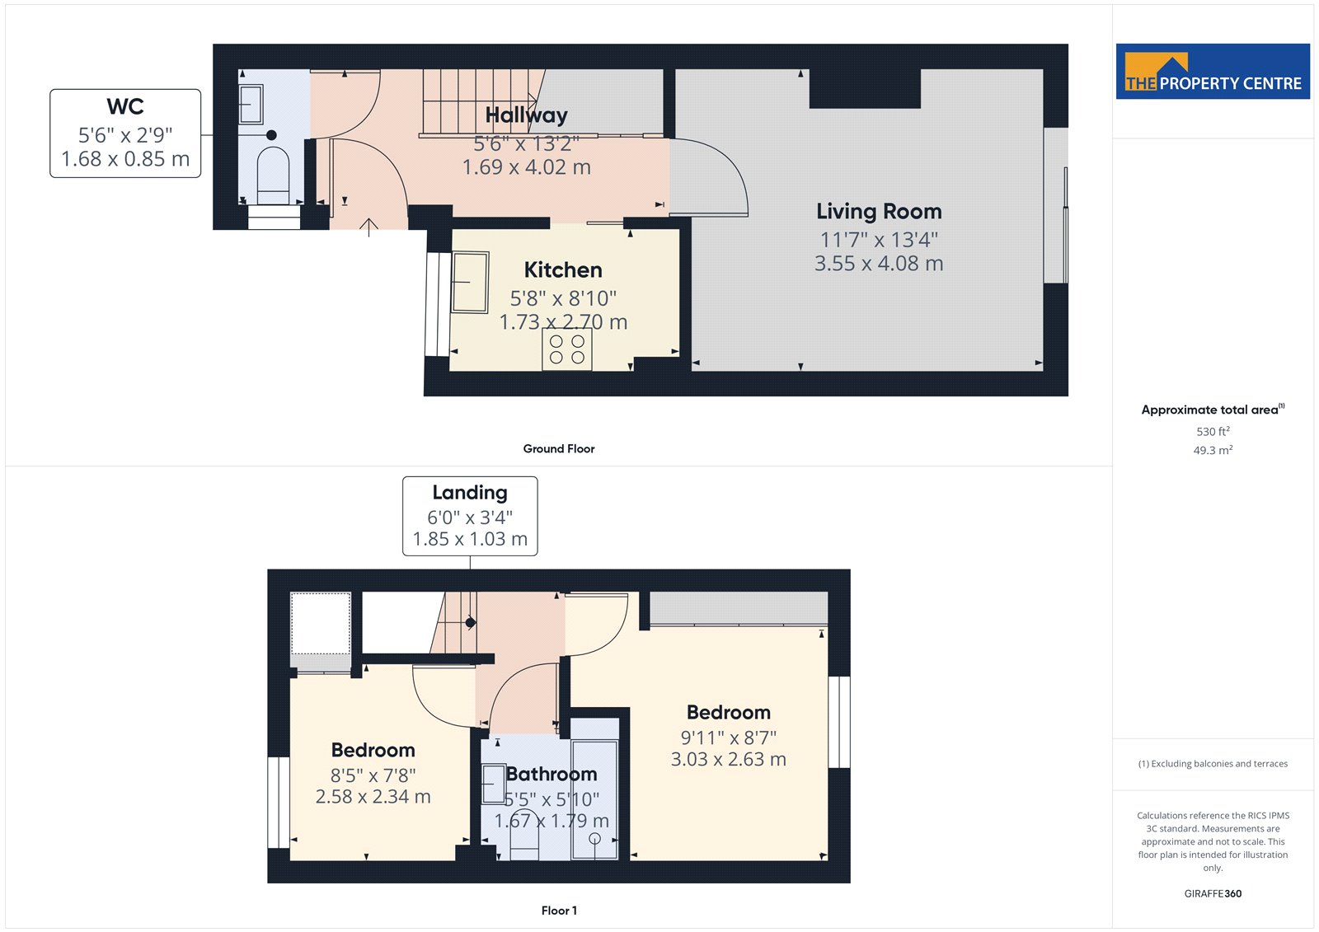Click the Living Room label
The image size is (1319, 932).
(879, 211)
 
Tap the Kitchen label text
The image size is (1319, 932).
(563, 269)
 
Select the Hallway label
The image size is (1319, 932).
(527, 115)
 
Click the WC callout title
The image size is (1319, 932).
(125, 106)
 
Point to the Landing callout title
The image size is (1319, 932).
(470, 493)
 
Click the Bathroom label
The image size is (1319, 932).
(552, 774)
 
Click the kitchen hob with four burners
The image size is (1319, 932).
(566, 349)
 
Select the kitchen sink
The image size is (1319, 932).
(470, 282)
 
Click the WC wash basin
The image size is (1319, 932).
(251, 104)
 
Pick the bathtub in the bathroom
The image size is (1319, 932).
(594, 799)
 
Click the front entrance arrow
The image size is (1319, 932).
(368, 227)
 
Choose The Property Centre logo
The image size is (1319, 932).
(1213, 71)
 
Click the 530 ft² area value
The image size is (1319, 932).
(1213, 432)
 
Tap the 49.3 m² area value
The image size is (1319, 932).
(1213, 451)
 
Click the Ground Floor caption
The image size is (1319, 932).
(559, 448)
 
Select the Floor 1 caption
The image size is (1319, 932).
(559, 911)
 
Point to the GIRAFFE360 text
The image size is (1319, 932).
(1213, 893)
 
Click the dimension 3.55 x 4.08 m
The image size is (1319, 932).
(879, 263)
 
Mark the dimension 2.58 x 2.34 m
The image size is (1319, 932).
(373, 797)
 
